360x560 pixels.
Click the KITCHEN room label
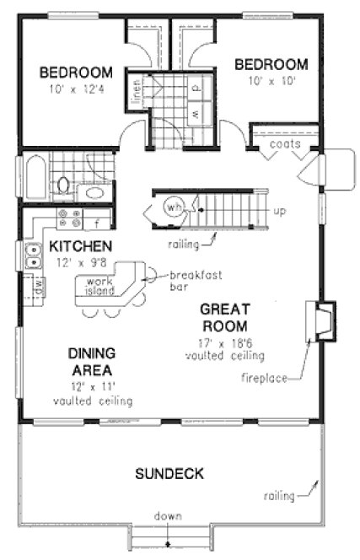[x=79, y=246]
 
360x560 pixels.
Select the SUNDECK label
[x=169, y=473]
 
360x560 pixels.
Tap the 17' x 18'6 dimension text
[x=223, y=342]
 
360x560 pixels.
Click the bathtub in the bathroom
[x=35, y=179]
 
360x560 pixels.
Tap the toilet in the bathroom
[x=64, y=184]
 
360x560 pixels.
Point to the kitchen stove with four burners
[x=68, y=220]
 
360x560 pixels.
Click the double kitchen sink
[x=33, y=256]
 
